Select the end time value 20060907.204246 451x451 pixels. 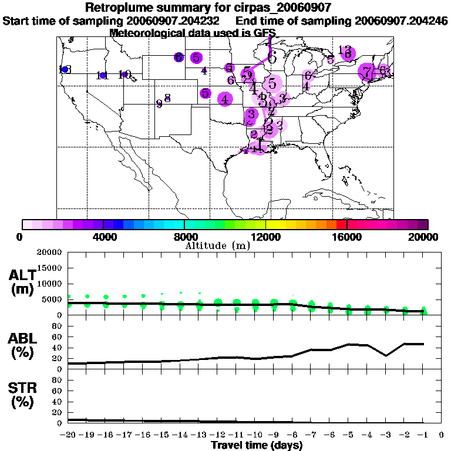pos(402,21)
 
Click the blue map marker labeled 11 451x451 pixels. pos(103,75)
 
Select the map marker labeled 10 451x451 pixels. pos(124,75)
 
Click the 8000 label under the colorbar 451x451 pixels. pos(184,237)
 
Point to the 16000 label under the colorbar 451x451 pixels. pos(347,237)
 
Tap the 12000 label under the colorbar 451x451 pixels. pos(266,237)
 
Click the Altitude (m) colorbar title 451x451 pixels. pos(218,245)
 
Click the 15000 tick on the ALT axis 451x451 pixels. pos(49,268)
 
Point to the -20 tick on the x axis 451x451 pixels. pos(68,435)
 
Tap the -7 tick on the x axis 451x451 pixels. pos(311,435)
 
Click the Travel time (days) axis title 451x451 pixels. pos(257,446)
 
